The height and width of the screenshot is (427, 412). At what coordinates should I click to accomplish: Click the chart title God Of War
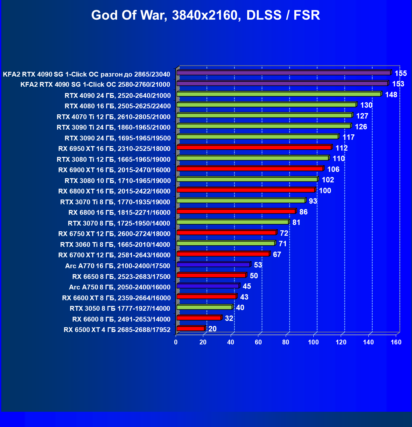pyautogui.click(x=206, y=15)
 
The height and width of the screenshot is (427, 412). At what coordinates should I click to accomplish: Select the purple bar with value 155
pyautogui.click(x=283, y=73)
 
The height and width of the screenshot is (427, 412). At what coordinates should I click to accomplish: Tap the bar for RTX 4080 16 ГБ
pyautogui.click(x=266, y=105)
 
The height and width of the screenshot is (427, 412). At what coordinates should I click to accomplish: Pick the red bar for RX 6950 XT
pyautogui.click(x=254, y=147)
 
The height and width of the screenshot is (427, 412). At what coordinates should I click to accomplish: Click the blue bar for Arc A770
pyautogui.click(x=213, y=265)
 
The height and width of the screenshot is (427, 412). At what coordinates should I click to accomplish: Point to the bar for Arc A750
pyautogui.click(x=207, y=286)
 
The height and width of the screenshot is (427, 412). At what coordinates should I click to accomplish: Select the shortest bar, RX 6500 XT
pyautogui.click(x=190, y=329)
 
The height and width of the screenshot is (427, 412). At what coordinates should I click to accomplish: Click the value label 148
pyautogui.click(x=391, y=95)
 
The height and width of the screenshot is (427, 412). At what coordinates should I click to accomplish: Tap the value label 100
pyautogui.click(x=325, y=191)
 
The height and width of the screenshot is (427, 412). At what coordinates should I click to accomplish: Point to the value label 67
pyautogui.click(x=277, y=254)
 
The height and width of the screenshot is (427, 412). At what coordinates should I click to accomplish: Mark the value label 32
pyautogui.click(x=229, y=318)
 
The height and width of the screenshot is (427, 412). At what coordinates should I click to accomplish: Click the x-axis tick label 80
pyautogui.click(x=286, y=342)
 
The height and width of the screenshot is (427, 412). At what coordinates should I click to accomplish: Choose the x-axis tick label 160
pyautogui.click(x=396, y=342)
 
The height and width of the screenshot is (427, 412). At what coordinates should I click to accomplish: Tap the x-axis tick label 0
pyautogui.click(x=176, y=342)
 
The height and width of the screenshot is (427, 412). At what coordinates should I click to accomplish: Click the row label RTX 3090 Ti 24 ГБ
pyautogui.click(x=114, y=127)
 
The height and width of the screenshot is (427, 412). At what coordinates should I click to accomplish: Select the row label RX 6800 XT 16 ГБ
pyautogui.click(x=114, y=191)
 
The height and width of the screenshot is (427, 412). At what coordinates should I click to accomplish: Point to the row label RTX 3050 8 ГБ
pyautogui.click(x=120, y=308)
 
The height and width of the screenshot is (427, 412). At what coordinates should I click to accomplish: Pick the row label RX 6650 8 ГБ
pyautogui.click(x=121, y=276)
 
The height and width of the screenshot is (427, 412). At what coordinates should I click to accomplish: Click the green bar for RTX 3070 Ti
pyautogui.click(x=241, y=201)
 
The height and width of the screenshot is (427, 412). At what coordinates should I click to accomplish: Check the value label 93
pyautogui.click(x=313, y=201)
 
